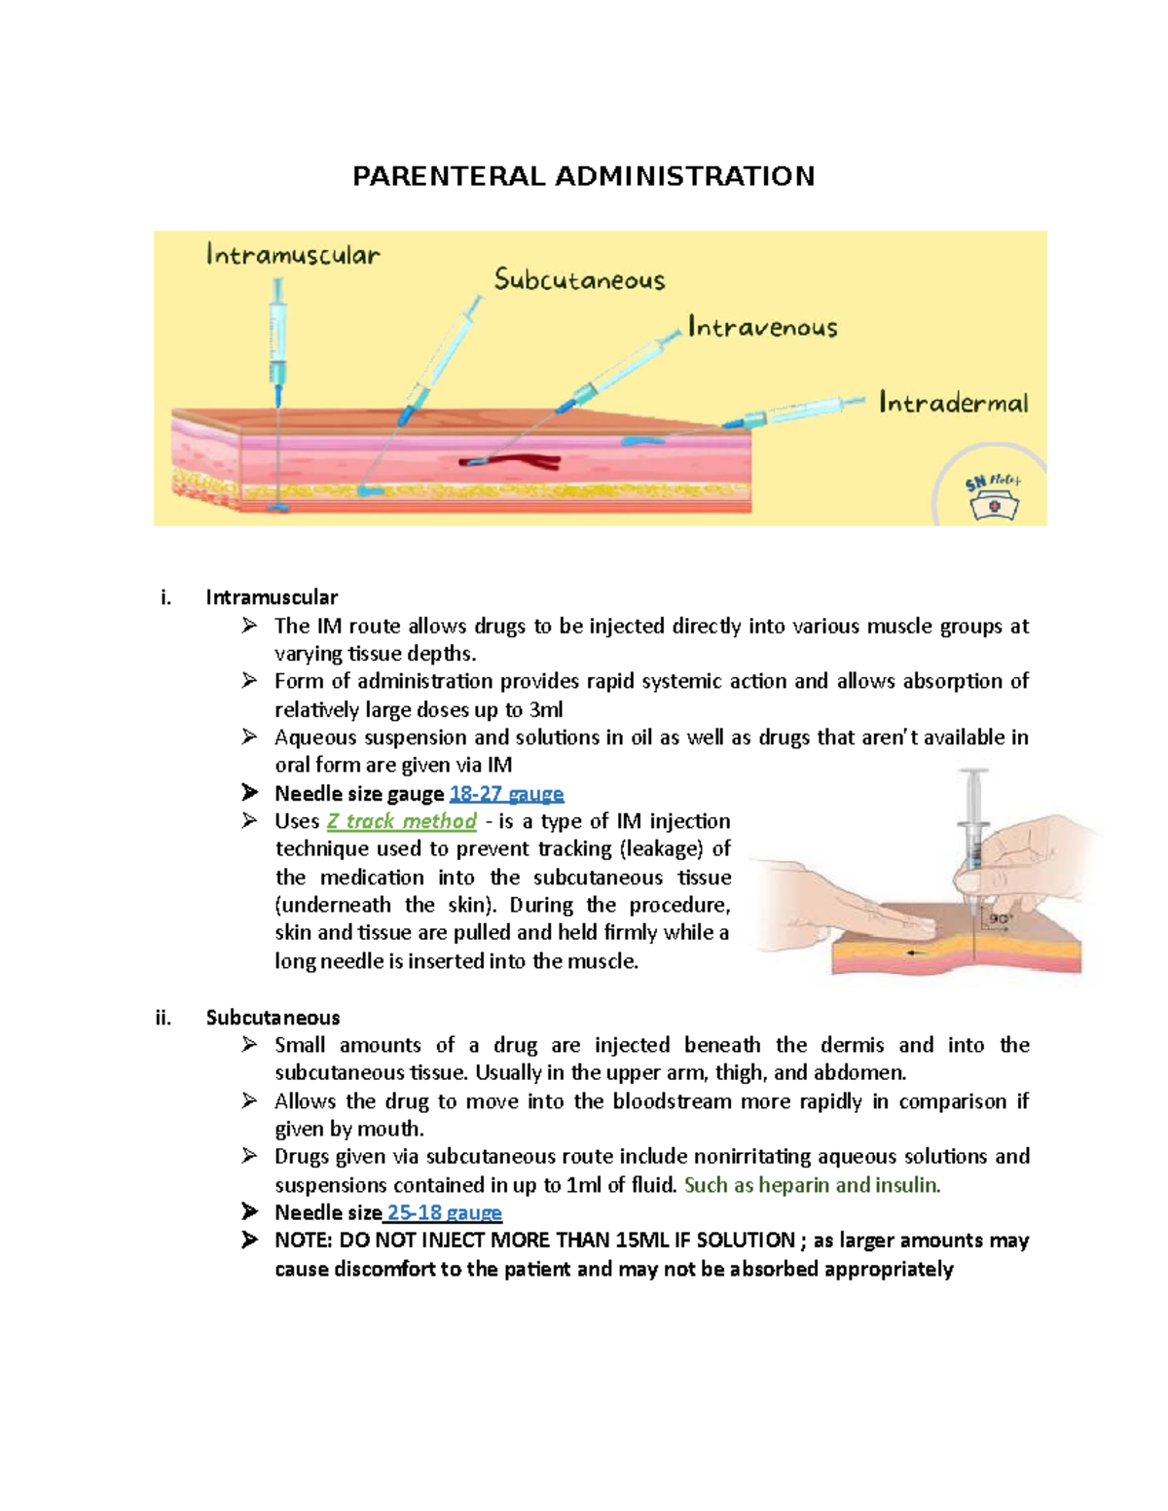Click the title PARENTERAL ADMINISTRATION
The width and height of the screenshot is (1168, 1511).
[x=583, y=176]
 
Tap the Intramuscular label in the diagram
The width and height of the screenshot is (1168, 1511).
[x=293, y=256]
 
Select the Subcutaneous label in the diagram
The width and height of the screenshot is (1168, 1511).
[x=579, y=280]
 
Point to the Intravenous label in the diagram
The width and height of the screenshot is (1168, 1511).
[x=762, y=327]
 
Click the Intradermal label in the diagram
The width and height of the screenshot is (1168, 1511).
[x=953, y=403]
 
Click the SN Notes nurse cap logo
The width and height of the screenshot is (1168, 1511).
[x=992, y=497]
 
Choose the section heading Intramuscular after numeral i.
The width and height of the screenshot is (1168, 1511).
[x=272, y=597]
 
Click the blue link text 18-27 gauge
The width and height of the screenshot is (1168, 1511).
[x=506, y=794]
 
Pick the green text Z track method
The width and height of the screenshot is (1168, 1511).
[x=401, y=821]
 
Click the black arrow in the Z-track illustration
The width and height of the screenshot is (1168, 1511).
[x=916, y=953]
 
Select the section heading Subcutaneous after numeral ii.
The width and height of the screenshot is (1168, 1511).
[x=273, y=1018]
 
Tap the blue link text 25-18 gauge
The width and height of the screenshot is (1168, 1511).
[x=444, y=1213]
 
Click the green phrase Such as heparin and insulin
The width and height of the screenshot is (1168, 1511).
[x=812, y=1185]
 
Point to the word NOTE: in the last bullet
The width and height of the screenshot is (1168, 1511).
[x=304, y=1241]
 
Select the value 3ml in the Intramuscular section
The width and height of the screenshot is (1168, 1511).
[x=545, y=710]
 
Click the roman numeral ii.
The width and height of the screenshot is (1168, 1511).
[x=163, y=1018]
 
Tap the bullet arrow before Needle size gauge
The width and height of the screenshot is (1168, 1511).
[x=250, y=793]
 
